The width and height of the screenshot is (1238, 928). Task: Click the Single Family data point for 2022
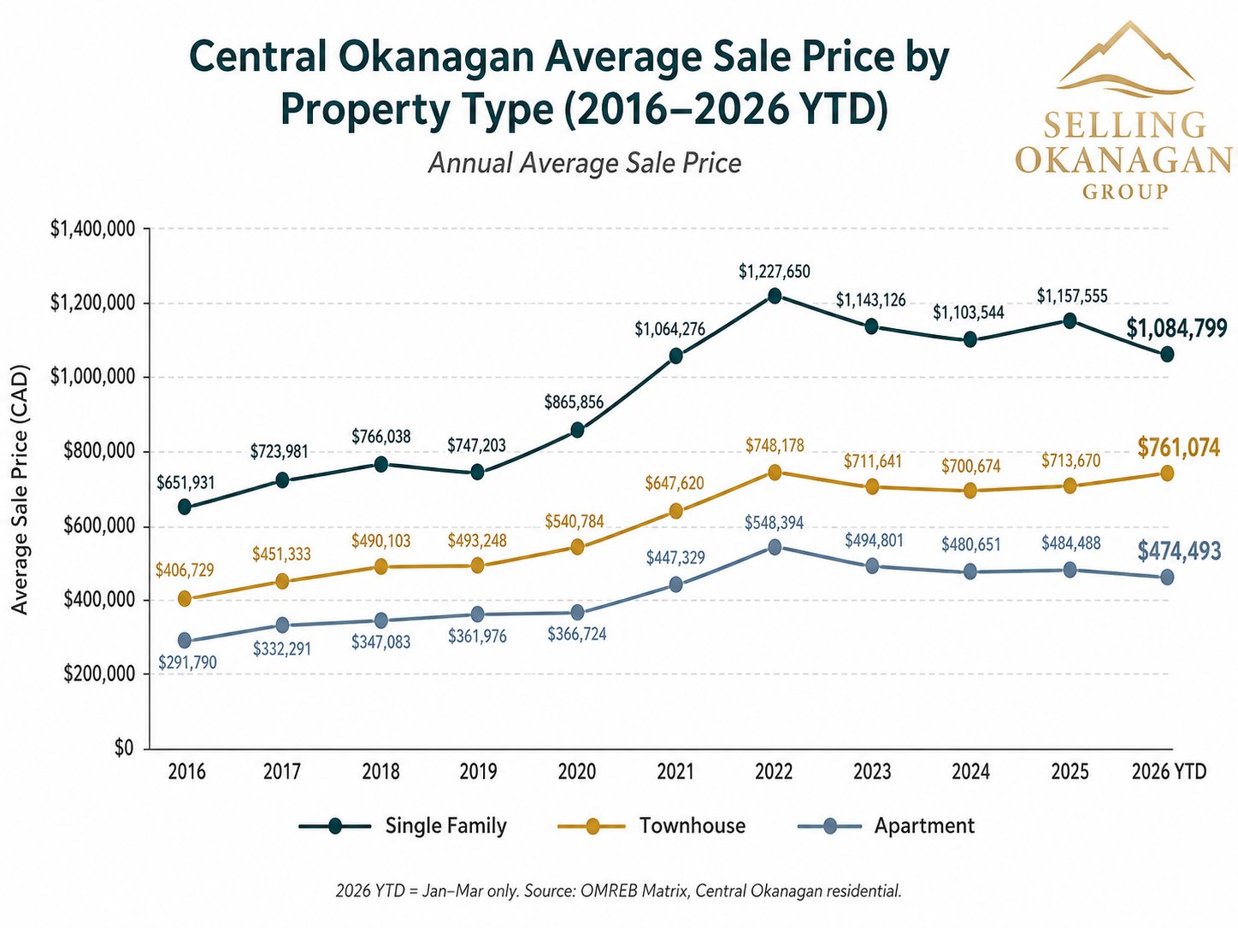[775, 296]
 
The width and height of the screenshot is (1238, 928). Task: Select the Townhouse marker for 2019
[478, 565]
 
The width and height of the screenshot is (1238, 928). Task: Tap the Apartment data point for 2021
[676, 584]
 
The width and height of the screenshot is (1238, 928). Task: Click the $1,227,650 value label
[775, 272]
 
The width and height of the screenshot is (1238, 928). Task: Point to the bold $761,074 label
[1178, 447]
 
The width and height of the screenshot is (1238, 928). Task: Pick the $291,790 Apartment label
[187, 662]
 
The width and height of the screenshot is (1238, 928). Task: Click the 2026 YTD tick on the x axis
[1169, 772]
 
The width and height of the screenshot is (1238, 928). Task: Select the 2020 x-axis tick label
[577, 772]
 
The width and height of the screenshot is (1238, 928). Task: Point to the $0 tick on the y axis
[124, 749]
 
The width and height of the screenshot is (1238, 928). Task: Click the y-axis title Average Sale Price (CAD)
[21, 489]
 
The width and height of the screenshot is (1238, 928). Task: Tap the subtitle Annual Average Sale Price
[585, 162]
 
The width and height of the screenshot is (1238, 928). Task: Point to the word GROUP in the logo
[1125, 191]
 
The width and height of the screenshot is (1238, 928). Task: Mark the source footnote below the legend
[618, 891]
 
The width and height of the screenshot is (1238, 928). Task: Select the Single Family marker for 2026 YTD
[1167, 354]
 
